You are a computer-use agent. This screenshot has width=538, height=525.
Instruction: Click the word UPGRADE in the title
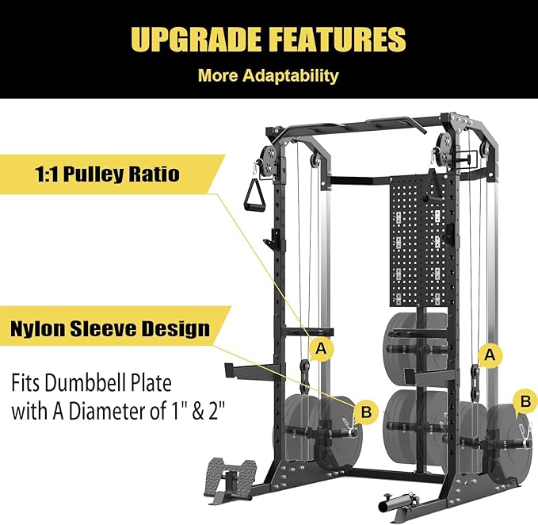tap(197, 39)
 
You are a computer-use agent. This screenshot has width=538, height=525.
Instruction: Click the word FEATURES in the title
tap(338, 39)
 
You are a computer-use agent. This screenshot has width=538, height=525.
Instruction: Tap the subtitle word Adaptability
tap(291, 75)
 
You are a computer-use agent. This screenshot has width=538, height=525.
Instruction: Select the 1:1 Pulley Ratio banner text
tap(107, 174)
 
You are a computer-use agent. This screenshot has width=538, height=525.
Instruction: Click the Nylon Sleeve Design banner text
tap(110, 328)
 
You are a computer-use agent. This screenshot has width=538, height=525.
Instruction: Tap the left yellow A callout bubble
tap(321, 349)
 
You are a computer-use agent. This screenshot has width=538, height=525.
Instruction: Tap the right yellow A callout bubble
tap(490, 354)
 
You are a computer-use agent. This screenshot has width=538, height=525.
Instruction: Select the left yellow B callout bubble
tap(366, 412)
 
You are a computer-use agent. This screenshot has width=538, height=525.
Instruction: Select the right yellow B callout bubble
tap(525, 400)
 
